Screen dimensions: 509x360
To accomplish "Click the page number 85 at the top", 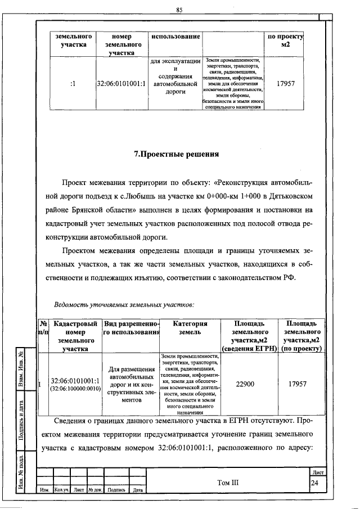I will pos(179,10).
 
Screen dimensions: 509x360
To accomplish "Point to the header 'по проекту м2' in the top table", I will pos(285,41).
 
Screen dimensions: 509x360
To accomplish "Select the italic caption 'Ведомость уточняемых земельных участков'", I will pos(124,305).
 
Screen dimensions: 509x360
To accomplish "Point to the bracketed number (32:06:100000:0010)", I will pos(75,389).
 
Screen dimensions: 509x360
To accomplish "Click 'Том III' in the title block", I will pos(227,481).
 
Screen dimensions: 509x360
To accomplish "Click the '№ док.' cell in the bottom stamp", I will pos(94,490).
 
